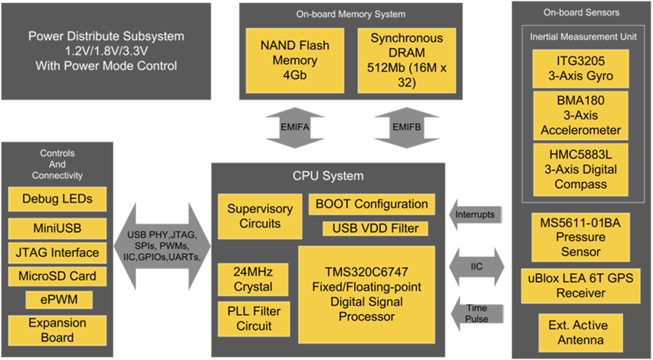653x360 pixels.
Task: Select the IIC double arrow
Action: [475, 266]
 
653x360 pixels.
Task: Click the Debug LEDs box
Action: [57, 200]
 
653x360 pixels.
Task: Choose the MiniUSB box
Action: [57, 227]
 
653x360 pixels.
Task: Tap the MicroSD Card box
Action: [57, 276]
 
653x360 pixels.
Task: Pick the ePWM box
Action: [57, 300]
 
